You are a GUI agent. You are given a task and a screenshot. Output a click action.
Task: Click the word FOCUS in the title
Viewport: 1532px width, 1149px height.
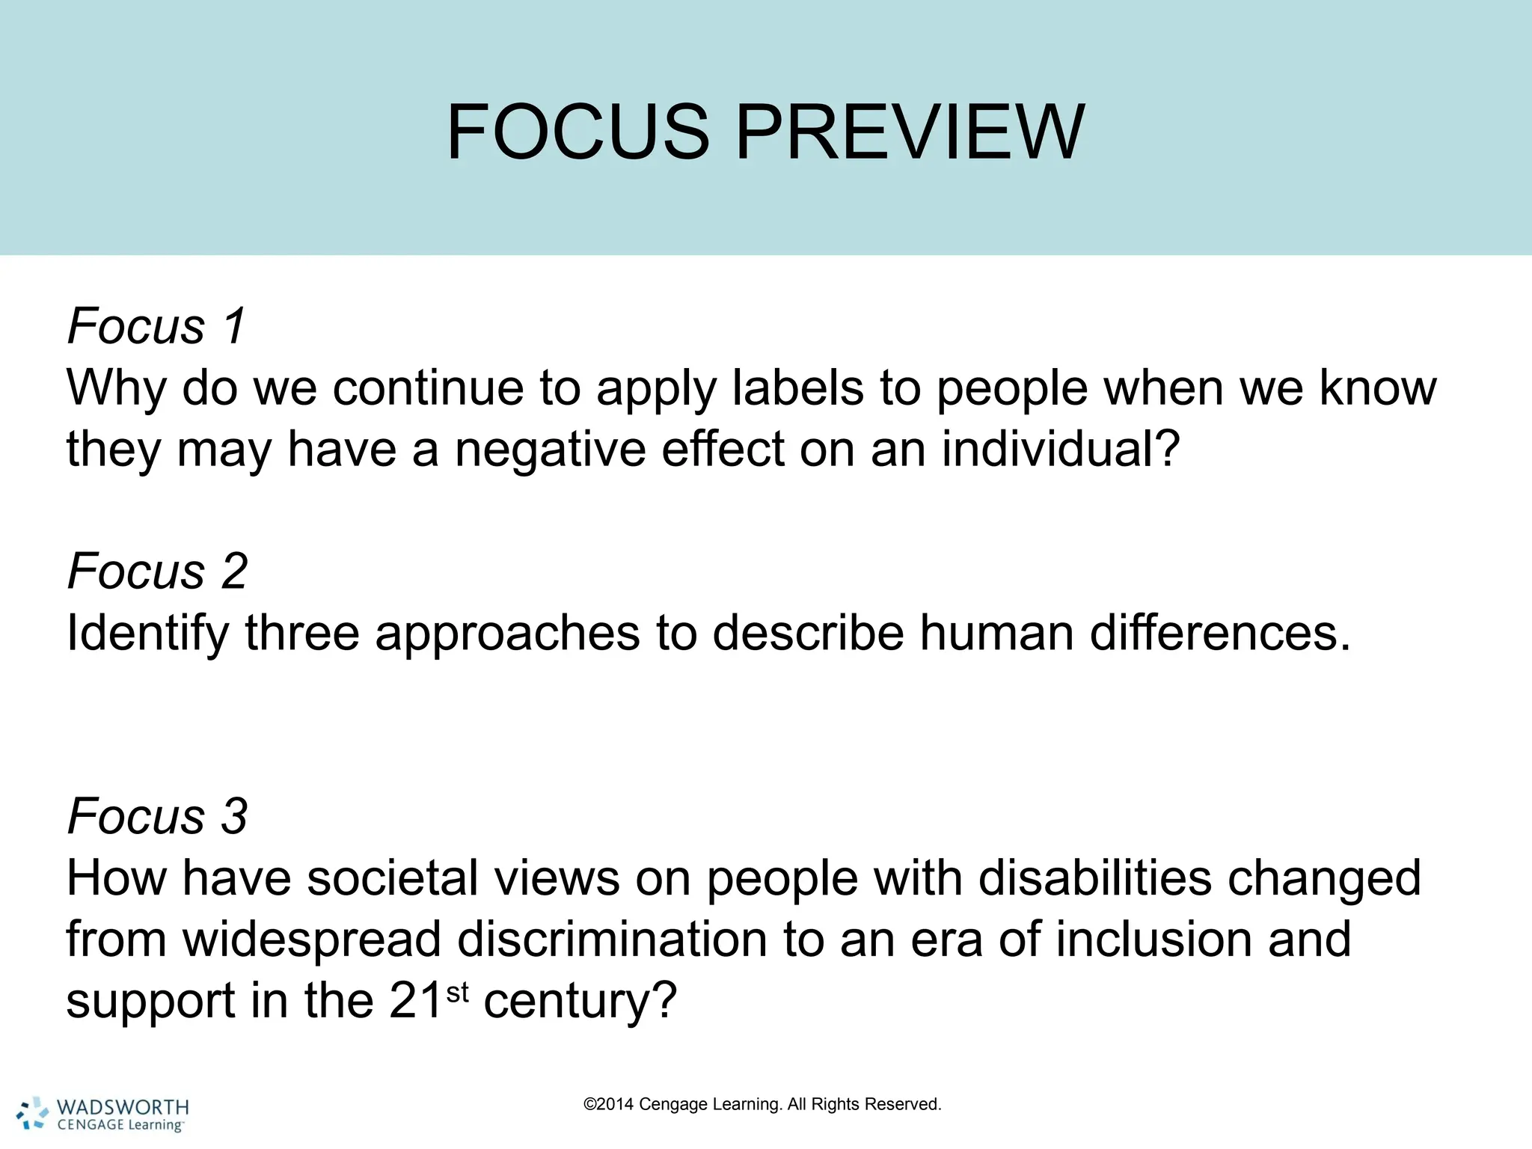click(x=577, y=132)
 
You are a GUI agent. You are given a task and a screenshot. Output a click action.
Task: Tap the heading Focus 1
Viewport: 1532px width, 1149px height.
click(x=156, y=326)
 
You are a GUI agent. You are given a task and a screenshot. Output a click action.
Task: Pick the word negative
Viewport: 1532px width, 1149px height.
click(x=551, y=449)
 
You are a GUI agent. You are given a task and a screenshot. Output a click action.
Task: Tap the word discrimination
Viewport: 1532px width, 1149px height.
click(x=612, y=940)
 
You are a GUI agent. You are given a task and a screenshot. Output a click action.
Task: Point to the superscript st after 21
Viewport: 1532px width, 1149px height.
click(x=457, y=993)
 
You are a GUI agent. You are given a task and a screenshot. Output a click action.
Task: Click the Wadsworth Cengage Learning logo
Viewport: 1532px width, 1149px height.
click(x=103, y=1115)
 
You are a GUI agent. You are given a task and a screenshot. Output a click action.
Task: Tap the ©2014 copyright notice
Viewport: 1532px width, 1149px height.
click(x=762, y=1104)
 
